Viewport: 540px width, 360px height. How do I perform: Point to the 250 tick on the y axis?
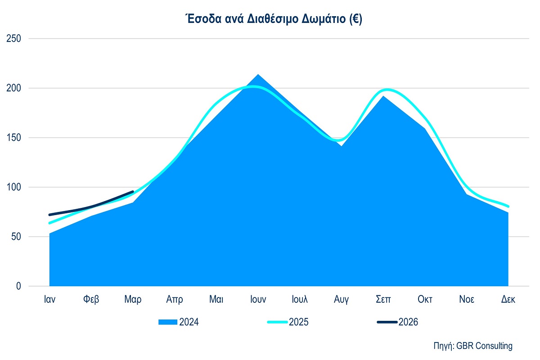coord(13,39)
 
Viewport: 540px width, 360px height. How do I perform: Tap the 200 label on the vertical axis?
coord(13,88)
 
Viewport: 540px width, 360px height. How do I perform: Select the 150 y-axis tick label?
coord(13,138)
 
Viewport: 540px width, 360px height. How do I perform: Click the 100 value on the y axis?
coord(13,187)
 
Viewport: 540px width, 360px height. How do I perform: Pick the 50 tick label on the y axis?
coord(16,237)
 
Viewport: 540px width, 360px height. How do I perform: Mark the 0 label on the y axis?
coord(18,286)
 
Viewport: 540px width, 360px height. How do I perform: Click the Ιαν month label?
coord(49,300)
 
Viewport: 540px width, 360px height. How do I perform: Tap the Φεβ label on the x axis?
coord(91,300)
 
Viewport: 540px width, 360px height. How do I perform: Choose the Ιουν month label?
coord(258,300)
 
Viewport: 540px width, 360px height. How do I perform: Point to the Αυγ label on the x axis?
coord(341,300)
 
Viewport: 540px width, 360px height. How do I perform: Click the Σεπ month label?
coord(383,300)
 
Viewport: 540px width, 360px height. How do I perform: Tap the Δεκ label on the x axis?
coord(508,300)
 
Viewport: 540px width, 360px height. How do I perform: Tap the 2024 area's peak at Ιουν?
coord(258,75)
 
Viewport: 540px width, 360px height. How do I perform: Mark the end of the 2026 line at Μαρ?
coord(133,192)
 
